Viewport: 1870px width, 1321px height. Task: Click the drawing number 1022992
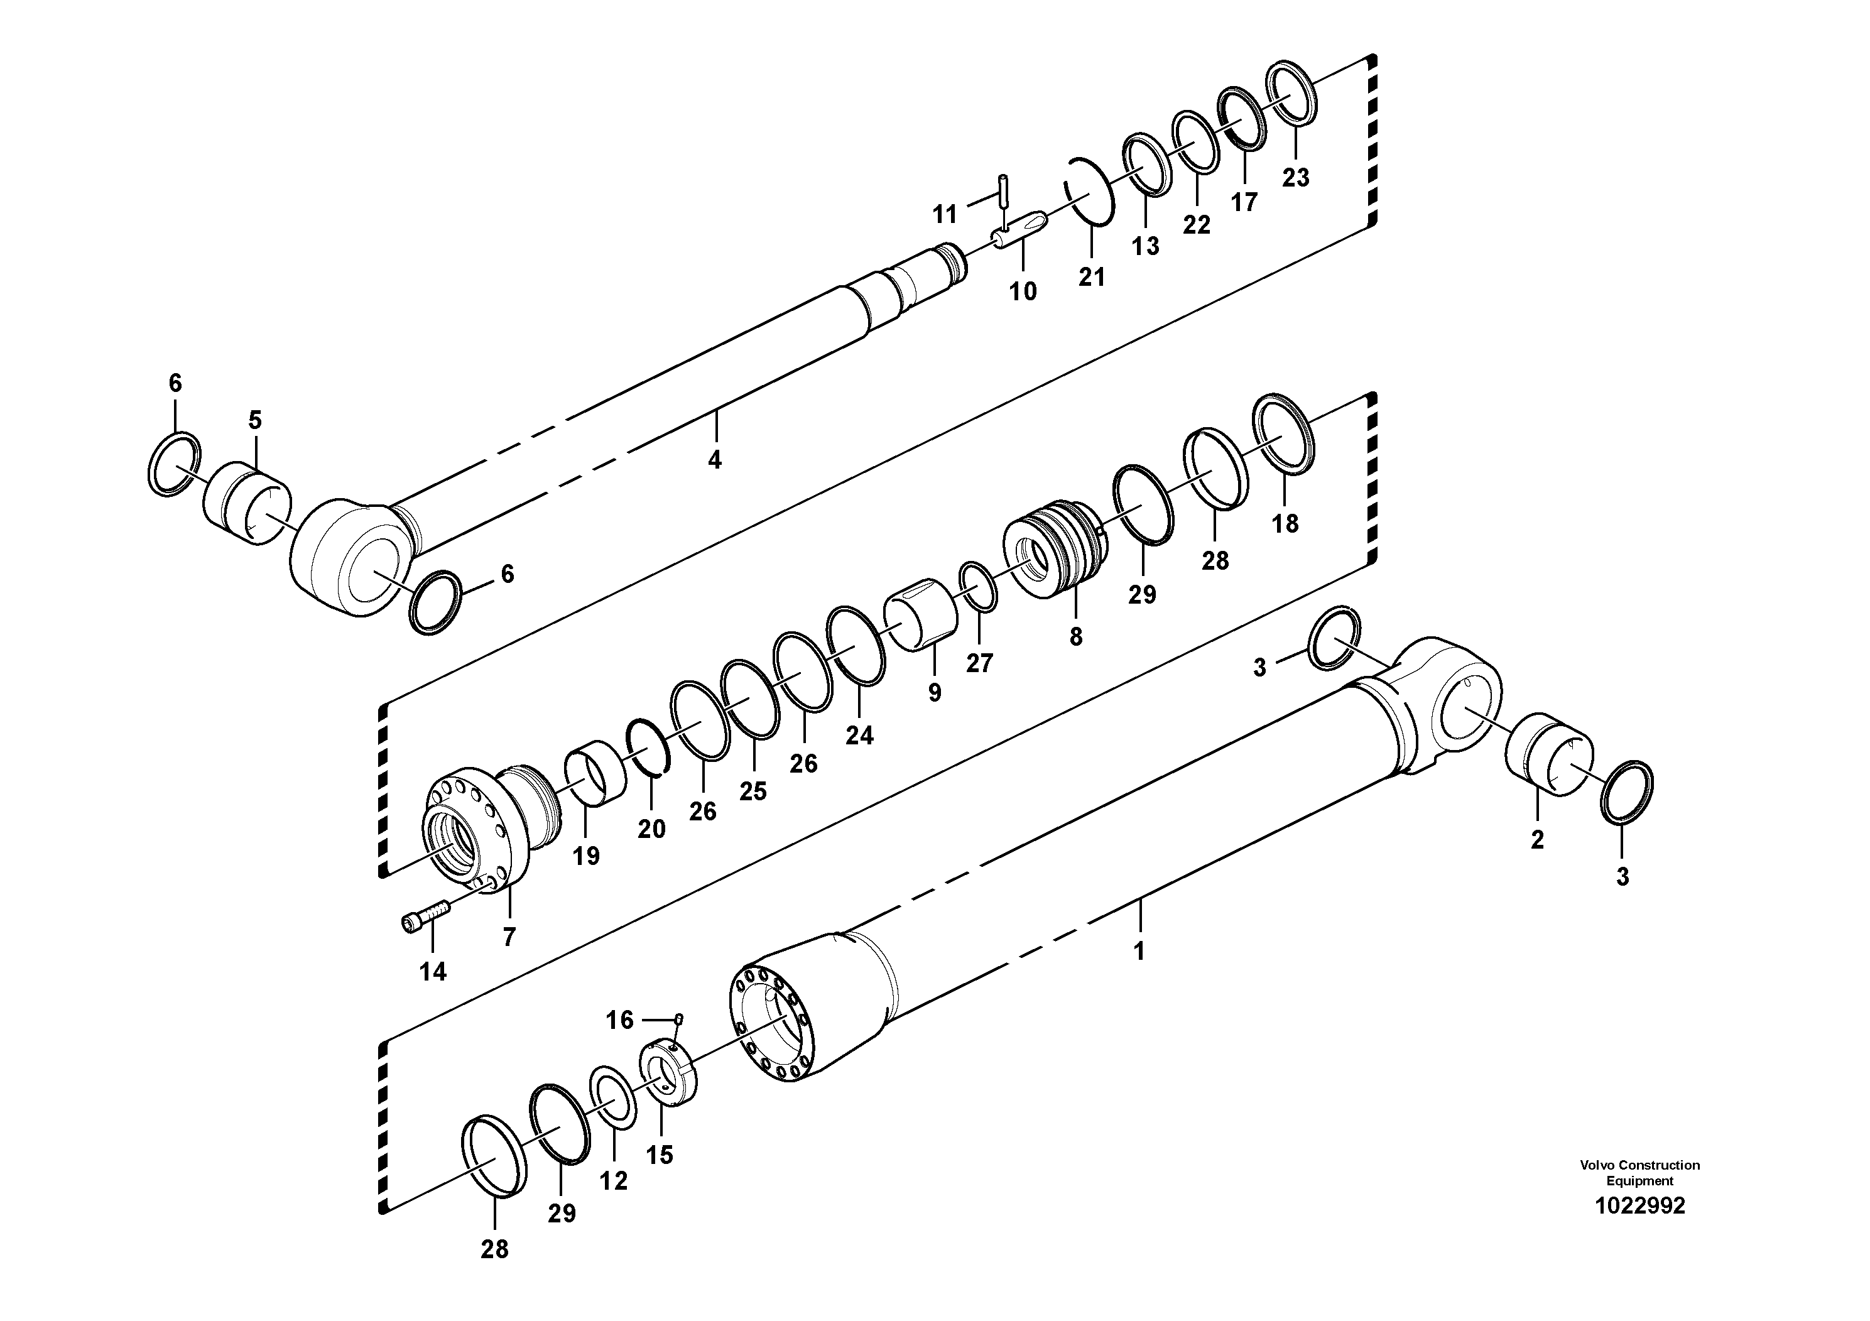coord(1639,1205)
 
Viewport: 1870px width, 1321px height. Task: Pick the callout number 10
coord(1023,291)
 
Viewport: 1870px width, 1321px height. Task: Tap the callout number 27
coord(979,663)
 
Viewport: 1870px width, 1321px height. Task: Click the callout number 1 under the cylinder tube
coord(1139,950)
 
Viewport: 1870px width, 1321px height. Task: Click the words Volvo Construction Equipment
coord(1639,1172)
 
